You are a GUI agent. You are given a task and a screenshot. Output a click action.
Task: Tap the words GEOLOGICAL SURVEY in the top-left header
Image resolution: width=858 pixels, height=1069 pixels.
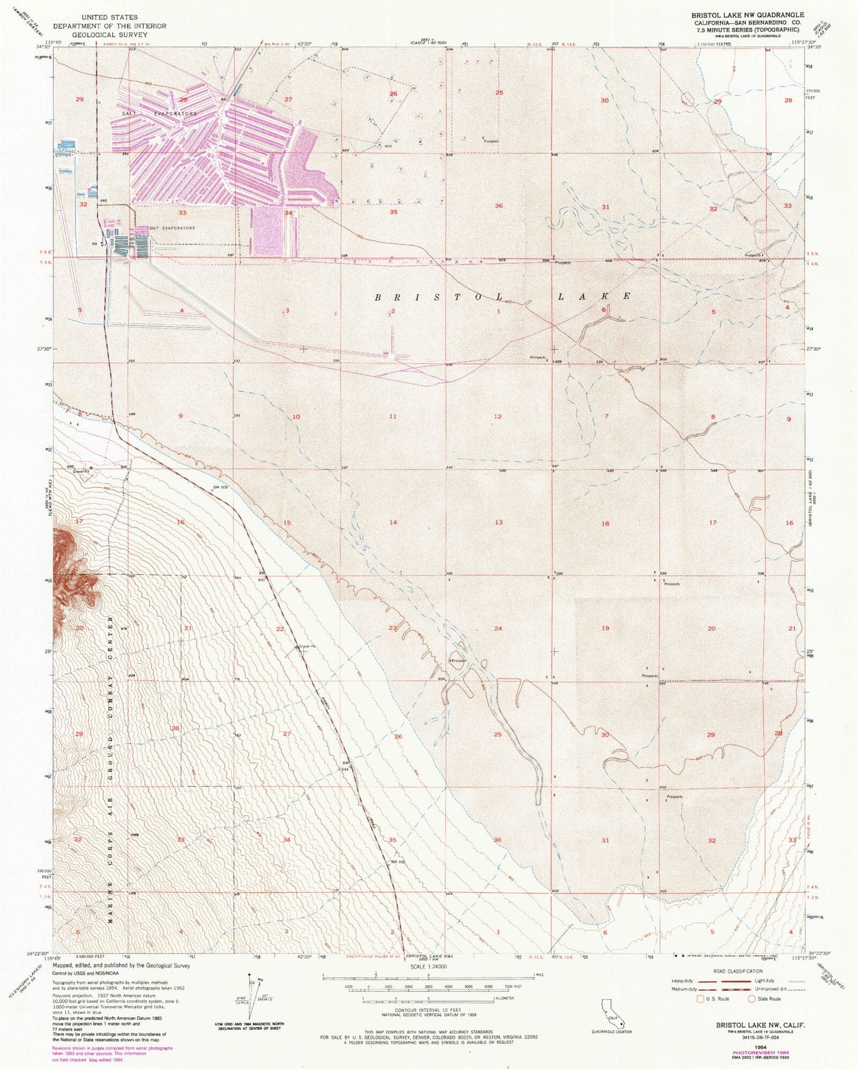109,34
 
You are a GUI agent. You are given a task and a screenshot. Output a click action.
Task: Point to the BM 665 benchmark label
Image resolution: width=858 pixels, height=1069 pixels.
397,861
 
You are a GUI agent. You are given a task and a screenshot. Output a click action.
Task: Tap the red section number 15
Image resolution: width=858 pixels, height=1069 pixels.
287,523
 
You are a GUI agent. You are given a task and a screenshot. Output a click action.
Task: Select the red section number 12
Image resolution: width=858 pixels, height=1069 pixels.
498,416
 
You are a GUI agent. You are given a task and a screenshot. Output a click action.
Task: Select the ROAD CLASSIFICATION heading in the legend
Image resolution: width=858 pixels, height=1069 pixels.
734,972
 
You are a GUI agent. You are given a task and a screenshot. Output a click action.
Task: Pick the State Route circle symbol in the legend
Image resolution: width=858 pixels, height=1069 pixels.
752,999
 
